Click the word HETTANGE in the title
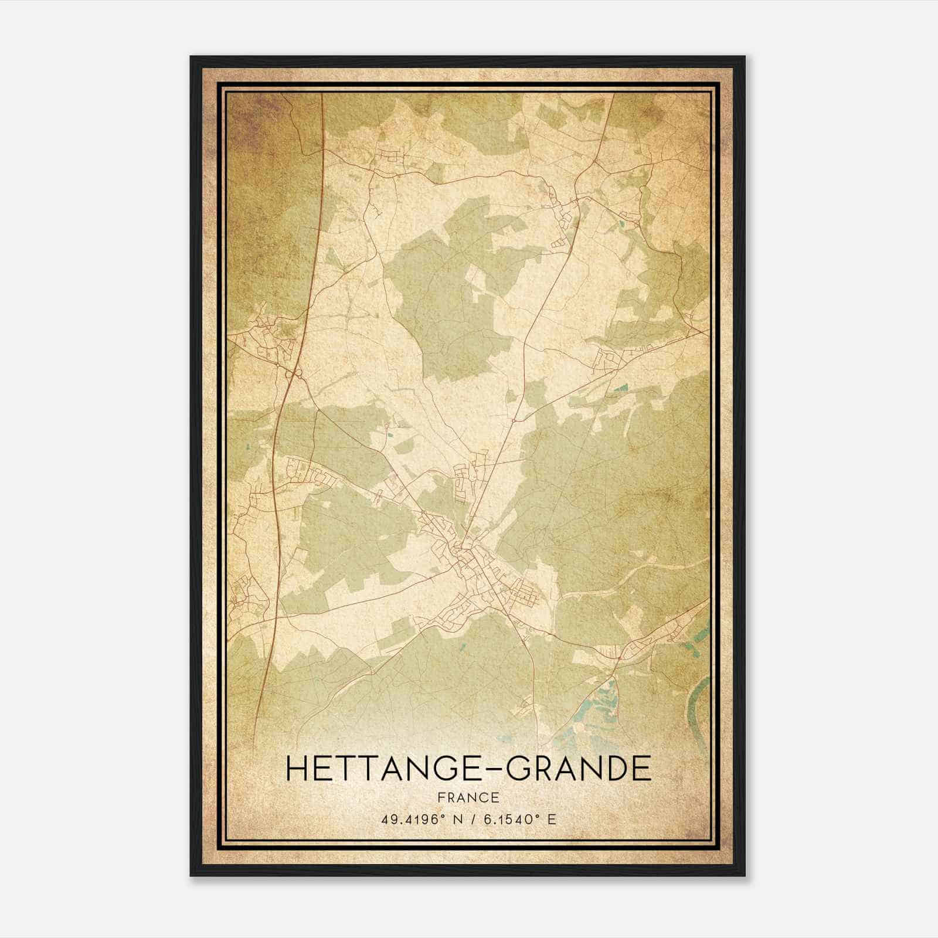click(387, 769)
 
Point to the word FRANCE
click(468, 797)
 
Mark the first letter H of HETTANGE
click(297, 769)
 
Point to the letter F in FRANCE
click(443, 797)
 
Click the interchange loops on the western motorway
click(293, 373)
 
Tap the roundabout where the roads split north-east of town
click(514, 420)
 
